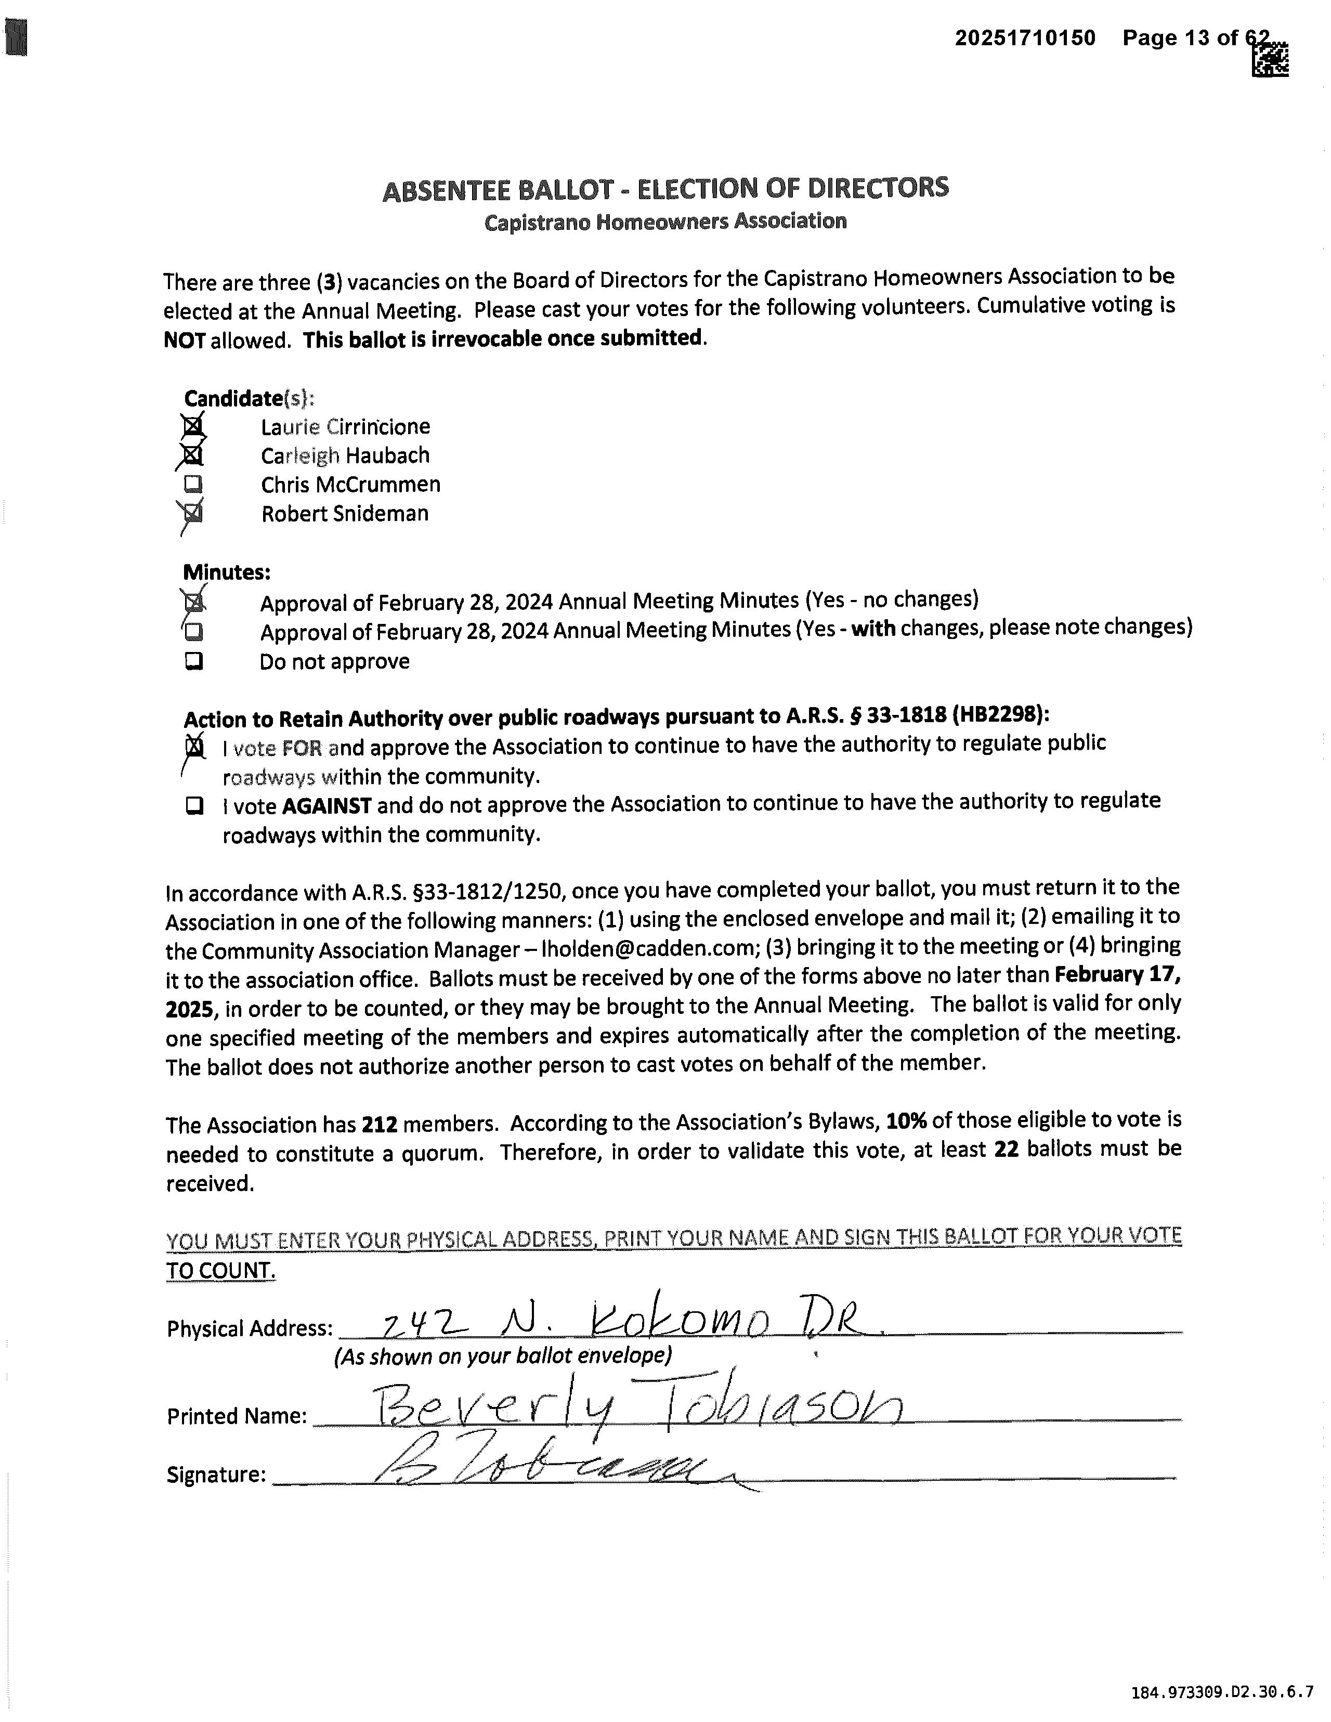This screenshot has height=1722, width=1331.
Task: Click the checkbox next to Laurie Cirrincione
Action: click(192, 426)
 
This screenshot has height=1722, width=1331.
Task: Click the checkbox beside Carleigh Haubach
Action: click(192, 456)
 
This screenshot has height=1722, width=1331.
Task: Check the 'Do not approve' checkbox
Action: click(193, 661)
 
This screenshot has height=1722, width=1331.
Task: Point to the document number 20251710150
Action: click(1025, 38)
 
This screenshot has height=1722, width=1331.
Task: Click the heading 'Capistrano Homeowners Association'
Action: click(665, 221)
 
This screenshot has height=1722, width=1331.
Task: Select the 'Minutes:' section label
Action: click(227, 571)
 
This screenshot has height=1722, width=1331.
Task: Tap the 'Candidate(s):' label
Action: click(249, 398)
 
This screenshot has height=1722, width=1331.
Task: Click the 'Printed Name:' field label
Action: click(237, 1416)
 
